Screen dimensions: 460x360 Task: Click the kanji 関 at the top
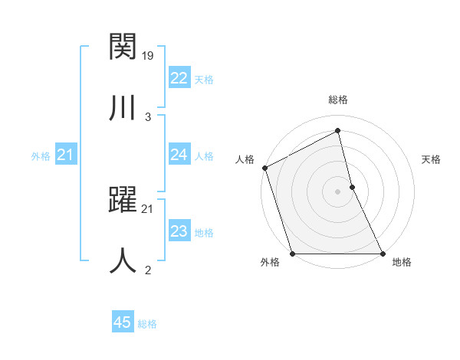[123, 47]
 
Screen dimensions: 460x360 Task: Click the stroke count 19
[149, 55]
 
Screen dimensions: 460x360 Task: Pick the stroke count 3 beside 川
[148, 116]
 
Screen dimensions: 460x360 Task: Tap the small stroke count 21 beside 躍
[148, 208]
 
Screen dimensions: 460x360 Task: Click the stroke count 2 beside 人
[148, 269]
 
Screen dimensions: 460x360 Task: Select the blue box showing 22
[179, 78]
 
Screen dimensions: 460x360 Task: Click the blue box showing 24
[179, 155]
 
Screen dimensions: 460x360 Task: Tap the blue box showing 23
[179, 232]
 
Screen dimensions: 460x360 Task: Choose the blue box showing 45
[123, 322]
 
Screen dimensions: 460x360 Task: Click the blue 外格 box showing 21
[65, 155]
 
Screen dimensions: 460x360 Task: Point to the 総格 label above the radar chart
[338, 100]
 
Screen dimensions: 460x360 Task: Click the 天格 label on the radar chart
[431, 159]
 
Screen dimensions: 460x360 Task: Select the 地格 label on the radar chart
[402, 263]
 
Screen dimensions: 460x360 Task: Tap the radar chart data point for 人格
[265, 168]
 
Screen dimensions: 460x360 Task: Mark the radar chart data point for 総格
[338, 131]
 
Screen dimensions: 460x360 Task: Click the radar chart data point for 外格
[293, 254]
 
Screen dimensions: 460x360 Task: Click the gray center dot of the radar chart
[338, 191]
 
